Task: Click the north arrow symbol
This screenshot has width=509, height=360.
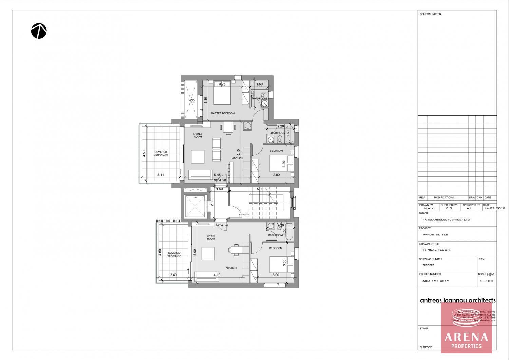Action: tap(39, 31)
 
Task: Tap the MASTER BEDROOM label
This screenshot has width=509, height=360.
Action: tap(223, 113)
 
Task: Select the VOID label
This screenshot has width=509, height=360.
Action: tap(192, 100)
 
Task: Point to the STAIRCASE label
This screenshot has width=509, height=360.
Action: tap(244, 215)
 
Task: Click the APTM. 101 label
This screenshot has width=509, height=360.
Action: tap(220, 180)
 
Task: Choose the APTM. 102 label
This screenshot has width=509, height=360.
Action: tap(222, 225)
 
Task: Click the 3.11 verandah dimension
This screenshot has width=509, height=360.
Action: tap(161, 175)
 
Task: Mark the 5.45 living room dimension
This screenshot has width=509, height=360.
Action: tap(217, 175)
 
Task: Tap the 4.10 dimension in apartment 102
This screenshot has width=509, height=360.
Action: tap(217, 275)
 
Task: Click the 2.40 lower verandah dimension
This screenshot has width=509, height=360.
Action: tap(173, 275)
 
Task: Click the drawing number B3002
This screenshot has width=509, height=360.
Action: tap(428, 265)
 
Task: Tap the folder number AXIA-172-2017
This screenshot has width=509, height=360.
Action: tap(436, 281)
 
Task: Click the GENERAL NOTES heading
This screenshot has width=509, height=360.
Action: tap(430, 14)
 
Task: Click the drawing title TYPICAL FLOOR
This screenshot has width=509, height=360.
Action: tap(436, 250)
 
